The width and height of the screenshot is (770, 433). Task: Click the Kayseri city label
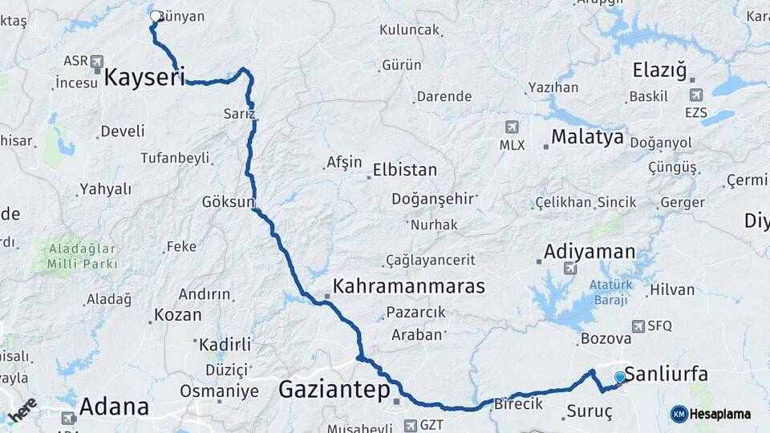click(144, 78)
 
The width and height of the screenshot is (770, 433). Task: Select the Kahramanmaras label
click(408, 286)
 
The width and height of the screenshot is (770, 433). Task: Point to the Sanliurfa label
click(666, 374)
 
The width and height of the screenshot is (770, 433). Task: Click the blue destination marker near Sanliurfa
click(620, 377)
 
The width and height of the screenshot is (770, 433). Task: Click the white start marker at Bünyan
click(156, 16)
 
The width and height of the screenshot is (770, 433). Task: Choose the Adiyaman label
click(590, 251)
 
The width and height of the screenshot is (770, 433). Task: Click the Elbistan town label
click(405, 170)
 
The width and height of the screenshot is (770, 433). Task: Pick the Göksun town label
click(228, 201)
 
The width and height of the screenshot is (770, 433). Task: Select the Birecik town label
click(519, 404)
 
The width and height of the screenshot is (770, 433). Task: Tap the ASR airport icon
click(97, 61)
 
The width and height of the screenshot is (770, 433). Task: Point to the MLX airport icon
click(512, 127)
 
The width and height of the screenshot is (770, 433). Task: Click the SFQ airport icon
click(638, 326)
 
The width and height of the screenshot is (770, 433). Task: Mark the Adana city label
click(115, 406)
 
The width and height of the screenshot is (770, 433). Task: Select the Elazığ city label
click(660, 71)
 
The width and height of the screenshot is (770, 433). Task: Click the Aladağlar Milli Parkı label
click(82, 256)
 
